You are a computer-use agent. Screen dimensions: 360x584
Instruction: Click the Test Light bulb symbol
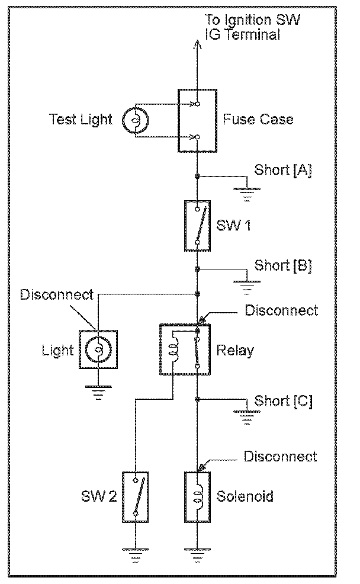136,120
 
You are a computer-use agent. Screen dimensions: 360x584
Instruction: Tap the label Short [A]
283,170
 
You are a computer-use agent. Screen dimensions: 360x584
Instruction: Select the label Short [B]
283,265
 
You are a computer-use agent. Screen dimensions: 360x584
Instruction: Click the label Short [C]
283,401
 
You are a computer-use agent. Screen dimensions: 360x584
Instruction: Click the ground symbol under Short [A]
247,194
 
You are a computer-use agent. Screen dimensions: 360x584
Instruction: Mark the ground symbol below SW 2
136,556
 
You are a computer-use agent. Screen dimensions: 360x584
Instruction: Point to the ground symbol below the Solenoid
197,556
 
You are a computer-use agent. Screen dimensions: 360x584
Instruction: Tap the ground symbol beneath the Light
98,393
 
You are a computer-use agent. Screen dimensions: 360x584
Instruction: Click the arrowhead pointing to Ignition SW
197,44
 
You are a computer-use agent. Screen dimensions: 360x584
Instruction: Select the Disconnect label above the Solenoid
280,457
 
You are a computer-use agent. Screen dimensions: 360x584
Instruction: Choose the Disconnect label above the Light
57,294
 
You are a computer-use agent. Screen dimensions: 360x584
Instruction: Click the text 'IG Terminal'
243,34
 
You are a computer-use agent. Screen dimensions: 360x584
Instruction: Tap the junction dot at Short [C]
197,400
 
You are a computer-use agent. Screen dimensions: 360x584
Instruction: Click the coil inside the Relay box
173,349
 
